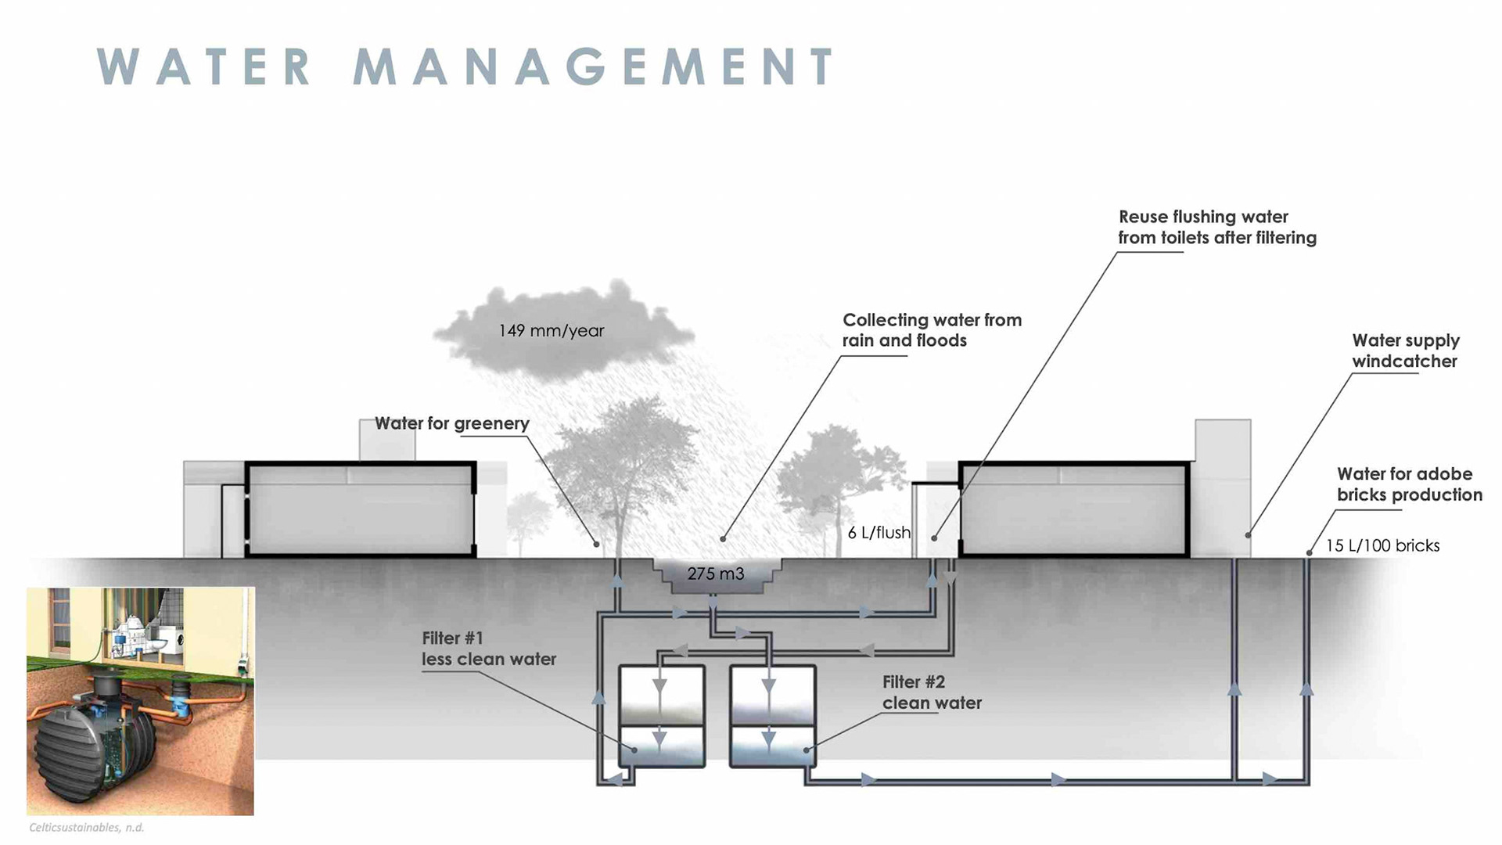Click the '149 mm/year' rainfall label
(x=551, y=331)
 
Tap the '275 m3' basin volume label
(x=715, y=574)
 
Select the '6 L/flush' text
(x=879, y=533)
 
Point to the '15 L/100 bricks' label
(x=1382, y=546)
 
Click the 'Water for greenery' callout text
(x=451, y=423)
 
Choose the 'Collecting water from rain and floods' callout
(x=931, y=330)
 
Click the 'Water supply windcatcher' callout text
(x=1405, y=351)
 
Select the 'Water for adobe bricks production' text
(x=1409, y=484)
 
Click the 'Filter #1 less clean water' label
(x=488, y=649)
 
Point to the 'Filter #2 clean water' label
(x=931, y=692)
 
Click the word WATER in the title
(x=205, y=67)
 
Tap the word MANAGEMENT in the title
(x=595, y=67)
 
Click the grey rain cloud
(x=563, y=329)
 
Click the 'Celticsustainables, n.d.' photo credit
(x=86, y=827)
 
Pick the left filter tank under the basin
(x=662, y=716)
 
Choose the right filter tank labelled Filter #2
(x=772, y=716)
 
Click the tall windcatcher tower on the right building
(x=1222, y=485)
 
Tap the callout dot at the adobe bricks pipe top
(x=1309, y=553)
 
